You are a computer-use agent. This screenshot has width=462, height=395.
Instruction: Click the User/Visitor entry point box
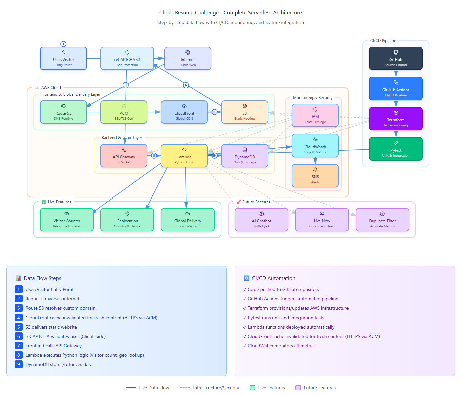63,59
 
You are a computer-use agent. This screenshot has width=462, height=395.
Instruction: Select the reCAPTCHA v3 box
127,59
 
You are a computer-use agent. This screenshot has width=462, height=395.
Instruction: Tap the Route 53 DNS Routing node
63,112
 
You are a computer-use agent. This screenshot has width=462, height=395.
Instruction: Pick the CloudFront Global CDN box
184,112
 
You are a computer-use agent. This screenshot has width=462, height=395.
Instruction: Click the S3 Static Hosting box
245,112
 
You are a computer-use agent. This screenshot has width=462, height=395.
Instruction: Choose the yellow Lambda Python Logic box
184,156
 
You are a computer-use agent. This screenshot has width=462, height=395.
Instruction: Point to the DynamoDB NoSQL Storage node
245,156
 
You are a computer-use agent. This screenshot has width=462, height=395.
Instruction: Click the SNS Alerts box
315,176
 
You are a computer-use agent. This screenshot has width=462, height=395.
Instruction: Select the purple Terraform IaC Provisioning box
396,119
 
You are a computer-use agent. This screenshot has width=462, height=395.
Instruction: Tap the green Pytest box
396,149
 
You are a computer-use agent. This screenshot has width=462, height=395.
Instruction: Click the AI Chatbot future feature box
262,220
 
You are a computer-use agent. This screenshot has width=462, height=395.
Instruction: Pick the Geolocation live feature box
127,220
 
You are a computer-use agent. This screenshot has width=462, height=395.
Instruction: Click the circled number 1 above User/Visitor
63,44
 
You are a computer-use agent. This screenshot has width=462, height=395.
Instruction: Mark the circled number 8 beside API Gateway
154,156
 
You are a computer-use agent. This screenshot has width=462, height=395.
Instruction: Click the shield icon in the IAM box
315,109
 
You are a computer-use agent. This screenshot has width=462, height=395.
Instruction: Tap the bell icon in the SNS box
315,170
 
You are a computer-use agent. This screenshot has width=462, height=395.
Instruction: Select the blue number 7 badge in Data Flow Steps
19,346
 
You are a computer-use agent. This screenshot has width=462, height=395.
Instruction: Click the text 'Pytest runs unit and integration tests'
286,318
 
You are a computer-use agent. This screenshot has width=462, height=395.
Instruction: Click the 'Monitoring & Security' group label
313,98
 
